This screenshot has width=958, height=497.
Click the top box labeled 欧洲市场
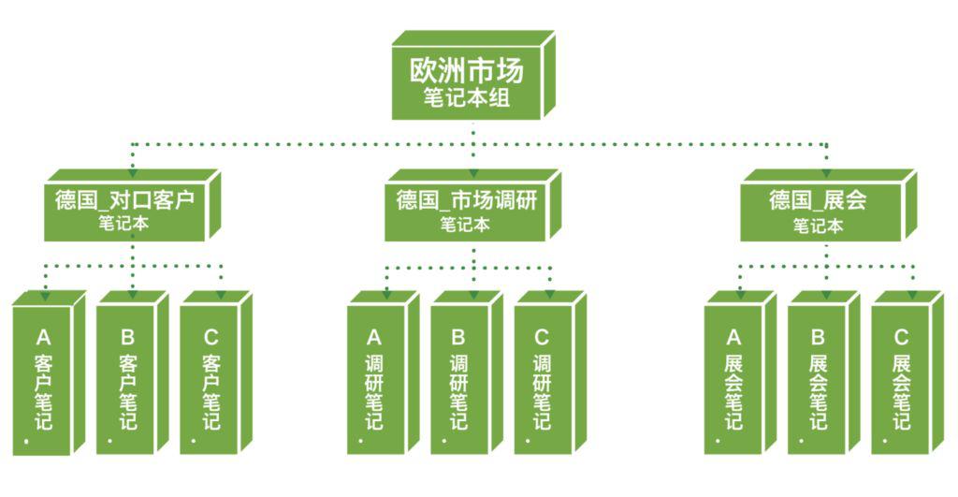click(x=472, y=75)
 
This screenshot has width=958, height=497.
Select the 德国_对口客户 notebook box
click(x=132, y=205)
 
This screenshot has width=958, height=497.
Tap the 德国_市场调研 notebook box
click(x=472, y=205)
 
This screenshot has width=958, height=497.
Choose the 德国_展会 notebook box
click(x=829, y=205)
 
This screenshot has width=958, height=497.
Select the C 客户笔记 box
click(x=216, y=373)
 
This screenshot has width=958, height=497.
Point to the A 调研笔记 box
click(x=383, y=373)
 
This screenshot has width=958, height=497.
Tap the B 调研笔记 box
click(x=467, y=373)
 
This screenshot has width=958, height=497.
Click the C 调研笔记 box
click(x=550, y=373)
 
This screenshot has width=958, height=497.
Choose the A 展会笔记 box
click(x=740, y=373)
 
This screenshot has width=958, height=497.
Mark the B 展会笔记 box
click(x=823, y=373)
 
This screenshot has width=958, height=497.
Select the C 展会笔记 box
click(x=907, y=373)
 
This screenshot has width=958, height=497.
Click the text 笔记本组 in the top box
click(x=467, y=98)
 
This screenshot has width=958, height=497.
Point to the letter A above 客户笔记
click(x=43, y=338)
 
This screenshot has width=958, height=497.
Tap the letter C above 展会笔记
click(x=901, y=338)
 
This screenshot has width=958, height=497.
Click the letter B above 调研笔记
click(x=458, y=338)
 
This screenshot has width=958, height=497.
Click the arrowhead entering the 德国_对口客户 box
click(x=133, y=172)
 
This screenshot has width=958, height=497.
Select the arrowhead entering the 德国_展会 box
click(x=826, y=172)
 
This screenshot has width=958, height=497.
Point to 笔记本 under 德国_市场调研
click(x=465, y=225)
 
